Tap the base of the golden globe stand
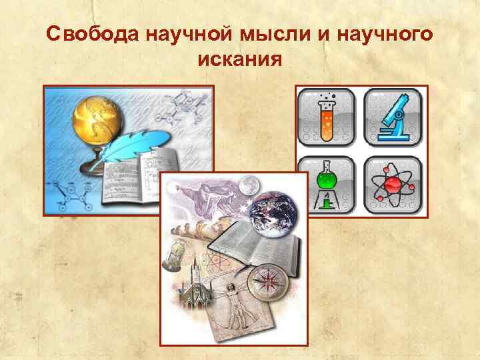pos(96,164)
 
